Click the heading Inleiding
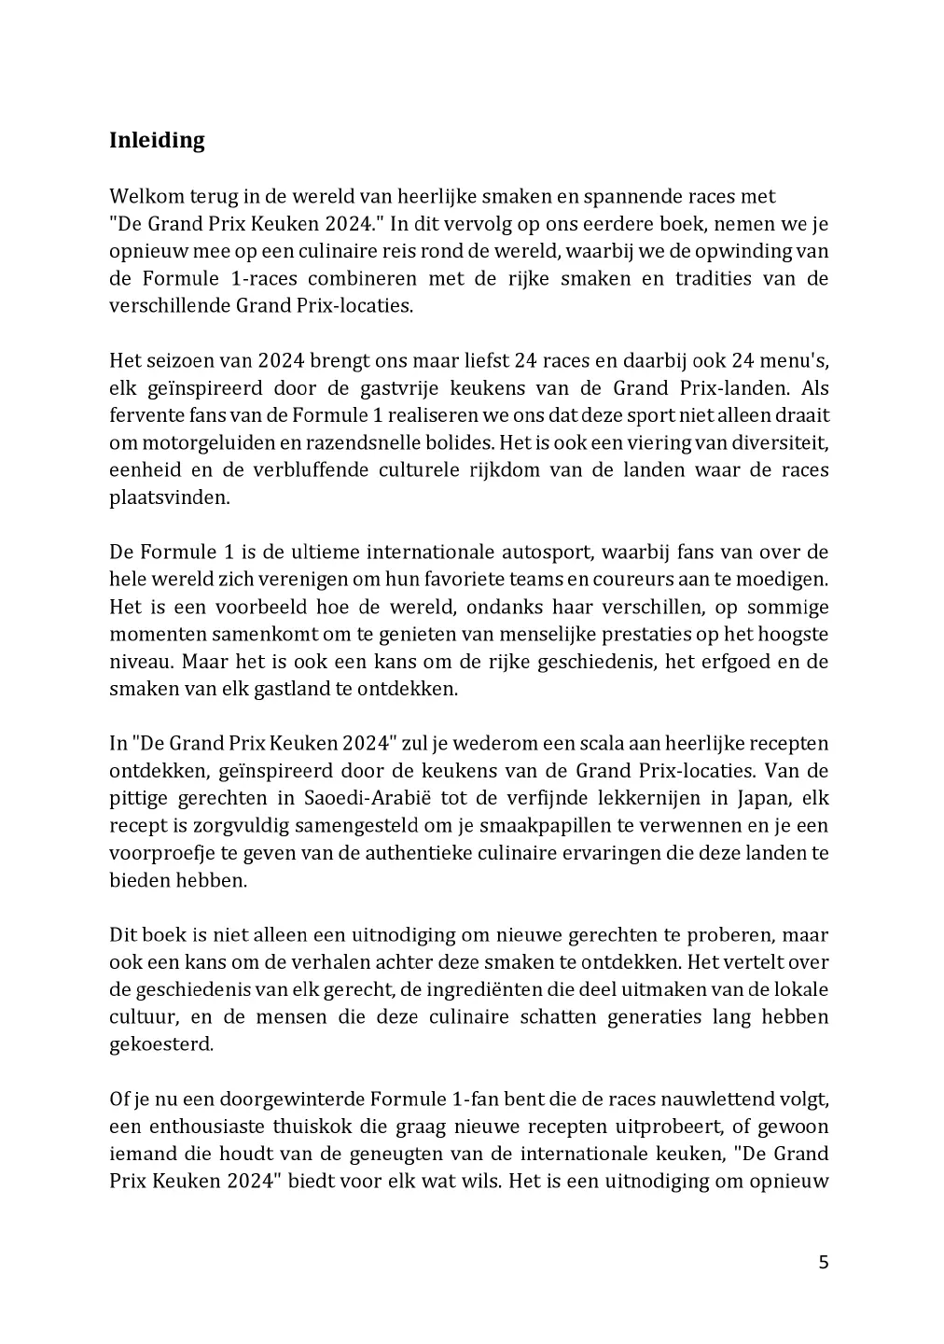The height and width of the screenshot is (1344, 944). point(157,141)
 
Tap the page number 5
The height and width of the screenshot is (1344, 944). point(823,1263)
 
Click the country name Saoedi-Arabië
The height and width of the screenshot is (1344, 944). point(360,798)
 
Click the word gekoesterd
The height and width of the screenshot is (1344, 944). point(160,1044)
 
